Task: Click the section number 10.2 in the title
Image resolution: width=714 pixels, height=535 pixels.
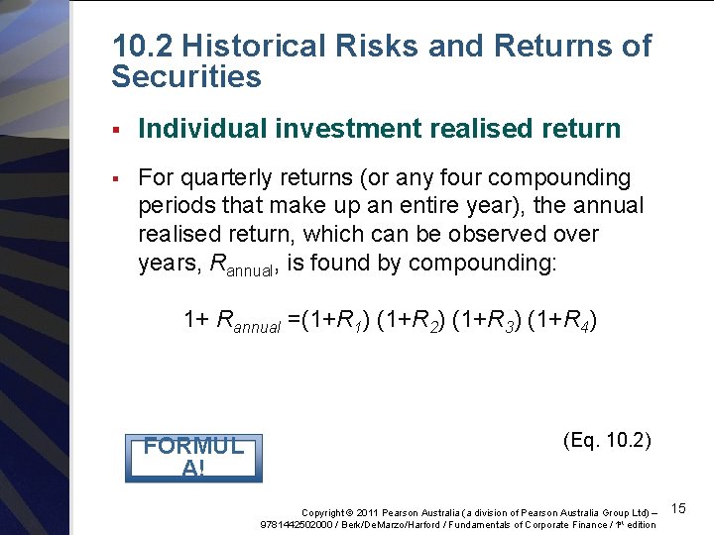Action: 143,46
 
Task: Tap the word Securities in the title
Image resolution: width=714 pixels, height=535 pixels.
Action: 186,76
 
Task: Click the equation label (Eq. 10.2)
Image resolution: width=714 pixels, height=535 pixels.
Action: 607,439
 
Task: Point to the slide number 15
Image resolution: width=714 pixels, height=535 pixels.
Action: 679,508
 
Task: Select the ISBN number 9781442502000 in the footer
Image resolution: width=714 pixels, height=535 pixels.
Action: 296,524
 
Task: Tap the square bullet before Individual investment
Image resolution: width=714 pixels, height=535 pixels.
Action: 117,130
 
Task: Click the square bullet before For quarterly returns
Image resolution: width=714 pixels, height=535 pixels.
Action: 117,179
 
